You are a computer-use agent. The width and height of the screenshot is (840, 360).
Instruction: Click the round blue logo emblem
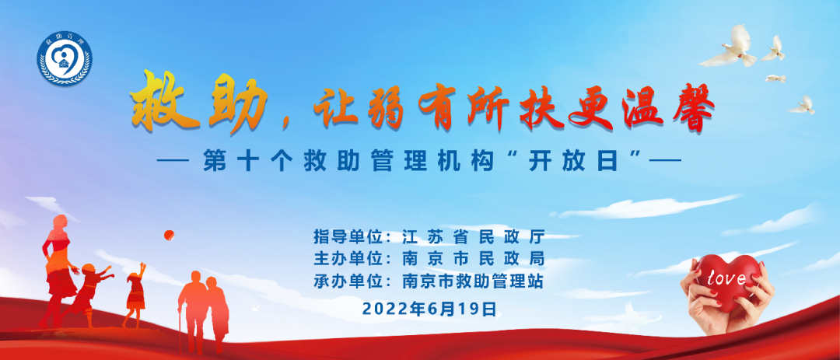click(x=65, y=58)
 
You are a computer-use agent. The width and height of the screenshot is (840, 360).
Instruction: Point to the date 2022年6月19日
click(x=429, y=309)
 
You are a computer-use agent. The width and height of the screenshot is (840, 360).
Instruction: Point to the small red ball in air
click(x=169, y=235)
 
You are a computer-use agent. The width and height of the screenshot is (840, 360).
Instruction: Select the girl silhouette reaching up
click(x=135, y=294)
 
